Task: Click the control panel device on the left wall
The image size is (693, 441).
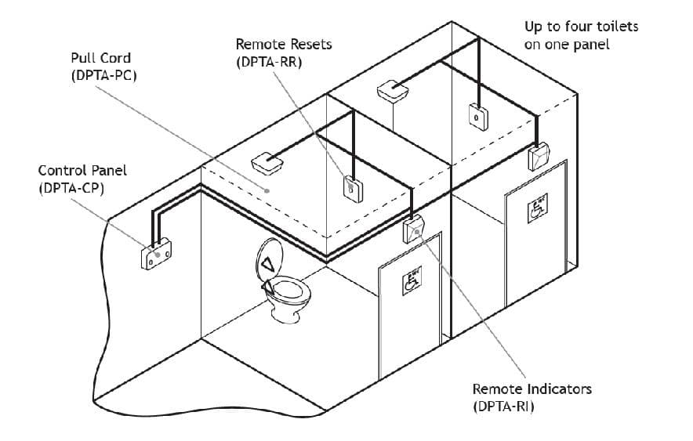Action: click(157, 255)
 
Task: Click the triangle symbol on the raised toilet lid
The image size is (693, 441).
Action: click(269, 263)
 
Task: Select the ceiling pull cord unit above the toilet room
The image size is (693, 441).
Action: click(267, 164)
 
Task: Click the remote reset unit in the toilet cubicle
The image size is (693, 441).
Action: click(352, 187)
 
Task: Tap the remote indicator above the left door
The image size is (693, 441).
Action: click(415, 229)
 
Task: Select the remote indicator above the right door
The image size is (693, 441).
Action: click(539, 157)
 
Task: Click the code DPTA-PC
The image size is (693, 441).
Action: click(103, 76)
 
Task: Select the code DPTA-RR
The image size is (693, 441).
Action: click(268, 62)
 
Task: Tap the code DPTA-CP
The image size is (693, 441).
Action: click(71, 189)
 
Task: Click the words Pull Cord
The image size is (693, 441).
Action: click(100, 58)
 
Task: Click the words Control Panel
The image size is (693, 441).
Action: click(82, 170)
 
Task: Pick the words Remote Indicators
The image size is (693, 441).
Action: click(532, 389)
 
